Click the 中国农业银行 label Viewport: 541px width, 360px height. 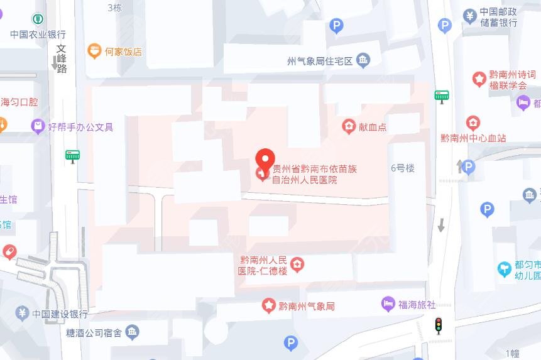point(38,34)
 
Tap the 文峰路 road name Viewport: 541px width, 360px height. point(62,58)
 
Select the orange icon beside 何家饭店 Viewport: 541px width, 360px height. point(94,51)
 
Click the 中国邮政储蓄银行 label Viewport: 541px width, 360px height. point(498,18)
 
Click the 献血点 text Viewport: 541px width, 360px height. point(373,127)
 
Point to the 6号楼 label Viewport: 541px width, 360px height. point(403,168)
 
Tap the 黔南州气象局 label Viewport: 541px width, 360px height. point(307,306)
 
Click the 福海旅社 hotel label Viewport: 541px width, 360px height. point(417,305)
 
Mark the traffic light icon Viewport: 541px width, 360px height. point(439,325)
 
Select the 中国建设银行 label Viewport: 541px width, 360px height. point(60,314)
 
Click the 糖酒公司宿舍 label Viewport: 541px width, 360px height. point(94,332)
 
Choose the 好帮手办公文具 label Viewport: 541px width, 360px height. point(80,127)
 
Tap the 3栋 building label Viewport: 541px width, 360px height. point(114,8)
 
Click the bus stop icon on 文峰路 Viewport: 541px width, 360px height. point(72,155)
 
